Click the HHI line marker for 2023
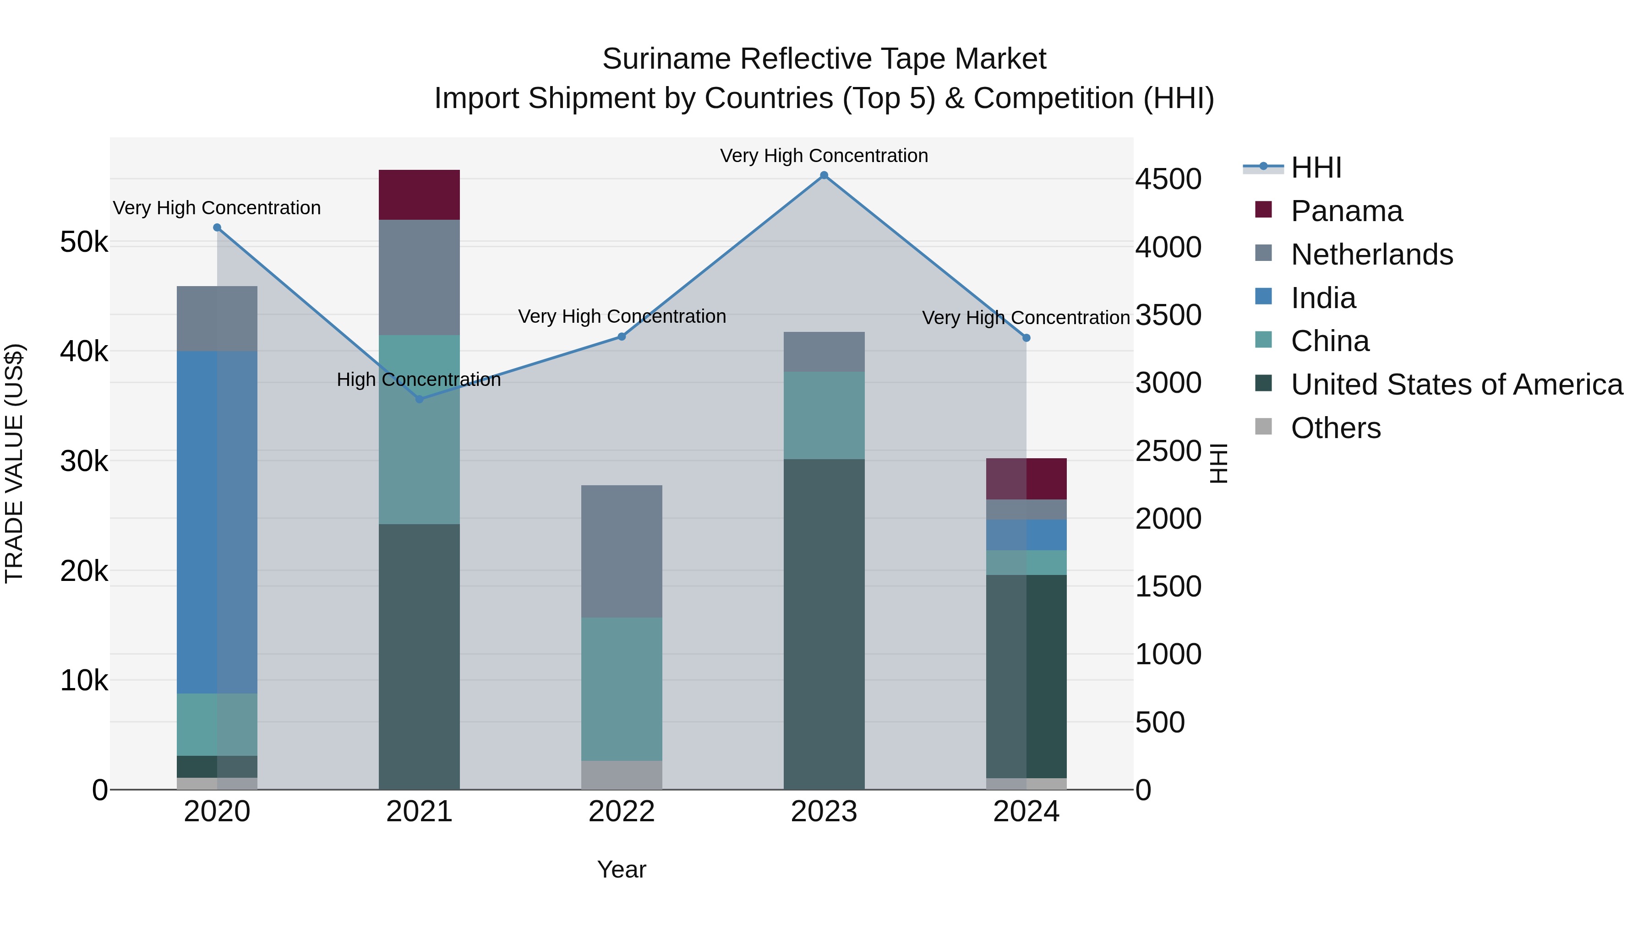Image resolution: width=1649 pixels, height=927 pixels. pyautogui.click(x=824, y=175)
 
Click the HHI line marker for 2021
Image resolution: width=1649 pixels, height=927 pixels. pyautogui.click(x=419, y=399)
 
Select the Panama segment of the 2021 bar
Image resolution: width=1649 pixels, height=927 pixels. pyautogui.click(x=419, y=195)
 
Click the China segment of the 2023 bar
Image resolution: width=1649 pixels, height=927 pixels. pyautogui.click(x=824, y=415)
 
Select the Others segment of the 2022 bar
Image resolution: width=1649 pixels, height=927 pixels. pyautogui.click(x=622, y=775)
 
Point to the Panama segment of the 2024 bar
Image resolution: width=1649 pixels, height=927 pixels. pyautogui.click(x=1026, y=478)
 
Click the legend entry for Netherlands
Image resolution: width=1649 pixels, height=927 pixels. pyautogui.click(x=1371, y=255)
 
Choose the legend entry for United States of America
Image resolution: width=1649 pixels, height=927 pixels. pyautogui.click(x=1456, y=385)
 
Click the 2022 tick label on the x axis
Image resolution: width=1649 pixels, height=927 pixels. pyautogui.click(x=622, y=812)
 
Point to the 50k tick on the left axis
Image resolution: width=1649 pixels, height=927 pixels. pyautogui.click(x=84, y=243)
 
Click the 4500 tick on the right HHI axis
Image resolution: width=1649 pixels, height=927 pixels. pyautogui.click(x=1168, y=180)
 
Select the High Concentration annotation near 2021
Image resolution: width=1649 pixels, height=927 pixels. pyautogui.click(x=419, y=380)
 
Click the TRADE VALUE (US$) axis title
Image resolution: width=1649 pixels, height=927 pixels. pyautogui.click(x=14, y=463)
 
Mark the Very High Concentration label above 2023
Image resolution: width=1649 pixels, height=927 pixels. pyautogui.click(x=824, y=156)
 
